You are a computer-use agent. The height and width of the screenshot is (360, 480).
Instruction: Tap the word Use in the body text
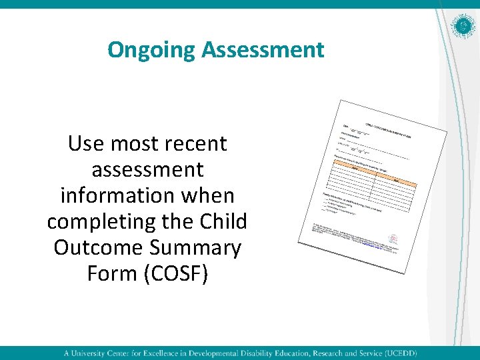click(86, 143)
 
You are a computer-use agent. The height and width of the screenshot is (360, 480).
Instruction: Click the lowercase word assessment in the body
click(147, 170)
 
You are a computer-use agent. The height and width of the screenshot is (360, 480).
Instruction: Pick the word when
click(211, 196)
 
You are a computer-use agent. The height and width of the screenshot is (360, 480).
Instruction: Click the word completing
click(107, 222)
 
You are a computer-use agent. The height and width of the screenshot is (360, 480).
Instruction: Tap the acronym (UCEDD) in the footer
click(398, 353)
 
